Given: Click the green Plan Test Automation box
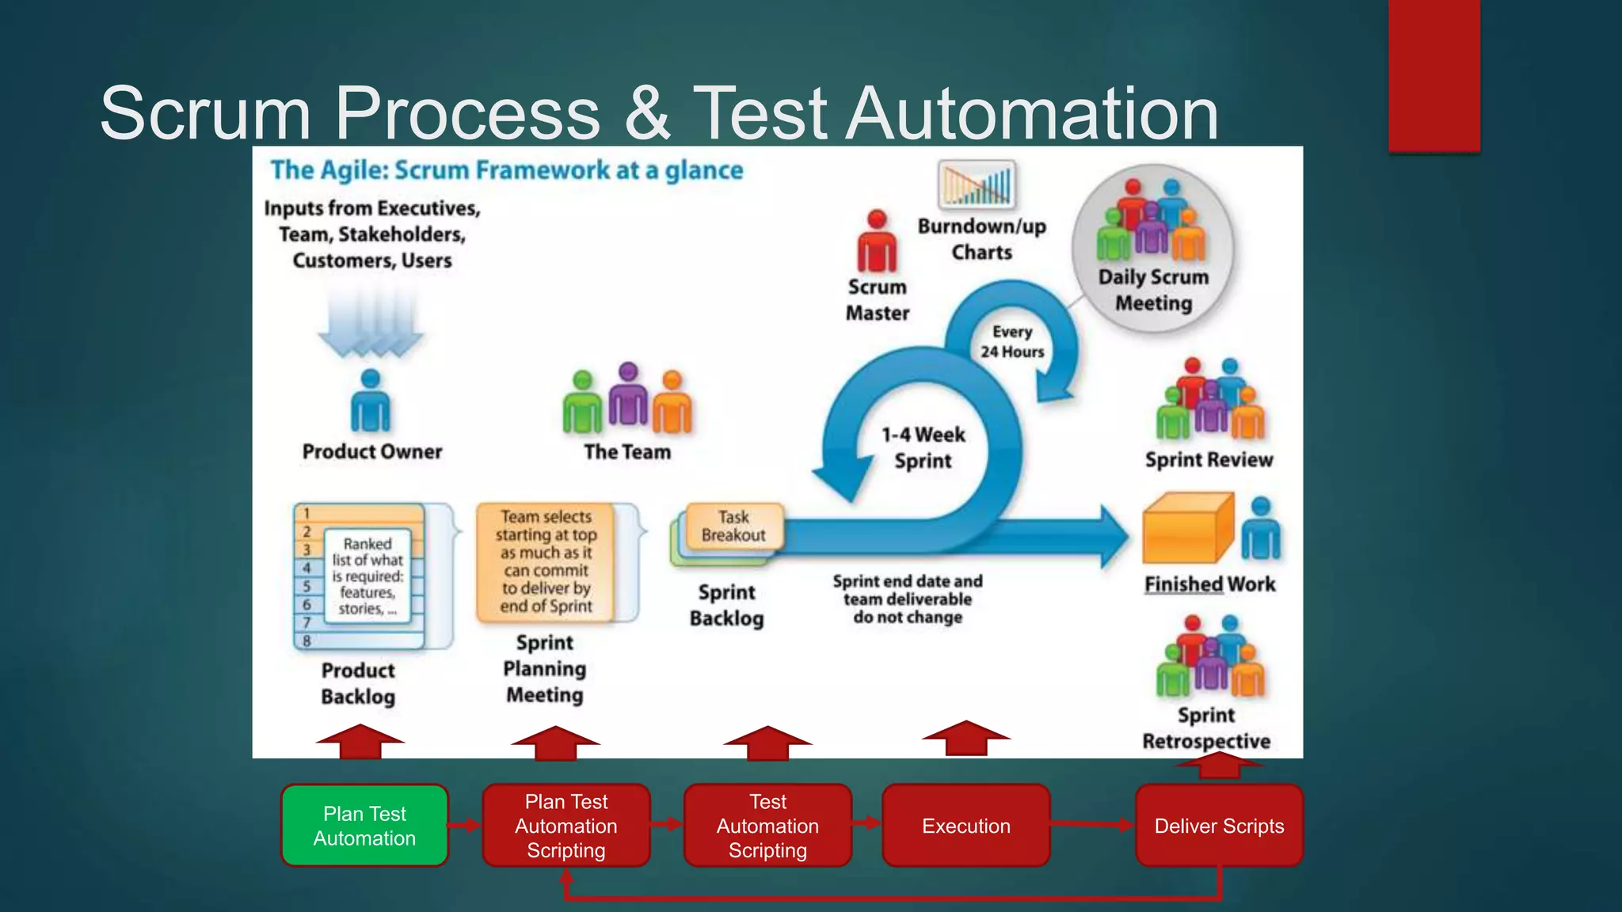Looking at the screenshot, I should pyautogui.click(x=364, y=826).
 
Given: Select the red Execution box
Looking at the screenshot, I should pyautogui.click(x=965, y=826).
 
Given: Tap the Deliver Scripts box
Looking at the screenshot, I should pyautogui.click(x=1219, y=826).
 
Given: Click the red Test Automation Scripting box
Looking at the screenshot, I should pyautogui.click(x=767, y=826).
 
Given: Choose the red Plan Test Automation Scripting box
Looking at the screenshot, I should pyautogui.click(x=565, y=826).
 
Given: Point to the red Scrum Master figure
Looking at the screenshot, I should pyautogui.click(x=877, y=241).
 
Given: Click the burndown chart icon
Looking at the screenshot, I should pyautogui.click(x=977, y=184).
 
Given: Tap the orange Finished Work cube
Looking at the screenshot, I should pyautogui.click(x=1187, y=528).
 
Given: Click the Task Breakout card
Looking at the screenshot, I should pyautogui.click(x=734, y=526).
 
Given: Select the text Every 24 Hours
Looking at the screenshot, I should pyautogui.click(x=1012, y=341).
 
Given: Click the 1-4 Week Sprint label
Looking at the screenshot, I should pyautogui.click(x=923, y=447).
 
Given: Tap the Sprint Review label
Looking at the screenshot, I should pyautogui.click(x=1209, y=460).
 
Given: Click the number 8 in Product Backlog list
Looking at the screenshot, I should pyautogui.click(x=307, y=640).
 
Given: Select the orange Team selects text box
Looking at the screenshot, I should pyautogui.click(x=546, y=561).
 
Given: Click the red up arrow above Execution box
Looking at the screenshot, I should pyautogui.click(x=965, y=738).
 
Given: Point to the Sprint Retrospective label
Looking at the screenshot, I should pyautogui.click(x=1206, y=728).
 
